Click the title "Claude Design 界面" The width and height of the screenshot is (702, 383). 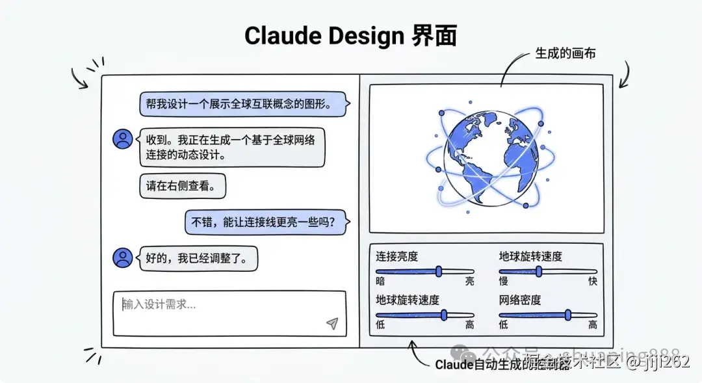(350, 36)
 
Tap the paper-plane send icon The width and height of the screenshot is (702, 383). (332, 324)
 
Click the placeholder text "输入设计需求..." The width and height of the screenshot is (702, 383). (159, 304)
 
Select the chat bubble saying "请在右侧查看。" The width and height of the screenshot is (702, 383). (182, 186)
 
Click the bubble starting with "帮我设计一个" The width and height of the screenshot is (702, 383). (242, 103)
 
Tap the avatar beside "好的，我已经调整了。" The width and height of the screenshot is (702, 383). (122, 258)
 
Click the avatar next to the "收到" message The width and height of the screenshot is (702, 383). (122, 139)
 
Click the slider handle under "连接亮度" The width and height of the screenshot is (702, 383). (439, 271)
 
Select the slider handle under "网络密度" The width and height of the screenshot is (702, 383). (568, 315)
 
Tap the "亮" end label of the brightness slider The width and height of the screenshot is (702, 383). (469, 282)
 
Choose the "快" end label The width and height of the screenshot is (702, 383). (592, 282)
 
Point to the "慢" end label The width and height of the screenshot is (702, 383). (504, 282)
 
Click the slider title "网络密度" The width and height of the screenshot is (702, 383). (520, 300)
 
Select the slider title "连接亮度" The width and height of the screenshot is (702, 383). (396, 256)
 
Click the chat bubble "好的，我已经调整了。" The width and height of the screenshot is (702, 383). (198, 258)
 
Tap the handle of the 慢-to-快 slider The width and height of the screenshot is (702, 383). (539, 271)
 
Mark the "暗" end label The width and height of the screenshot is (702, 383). (380, 282)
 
